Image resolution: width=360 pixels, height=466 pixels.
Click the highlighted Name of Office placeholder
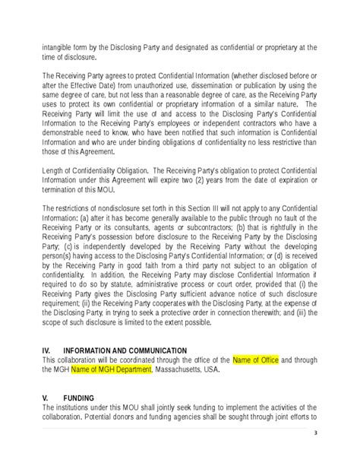point(257,360)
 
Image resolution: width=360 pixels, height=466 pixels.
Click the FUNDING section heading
point(80,397)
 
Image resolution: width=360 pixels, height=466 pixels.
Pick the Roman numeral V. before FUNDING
point(46,397)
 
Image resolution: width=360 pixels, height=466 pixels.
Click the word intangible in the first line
point(58,47)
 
